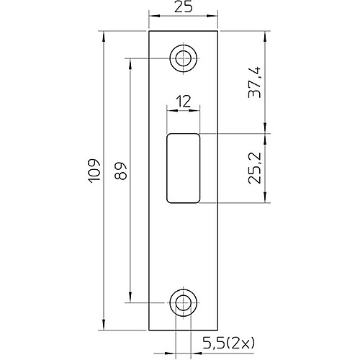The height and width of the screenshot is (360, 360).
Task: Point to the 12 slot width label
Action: [x=183, y=102]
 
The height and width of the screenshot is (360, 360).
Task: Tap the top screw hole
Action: [x=183, y=58]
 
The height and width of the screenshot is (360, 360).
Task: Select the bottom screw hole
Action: [x=183, y=303]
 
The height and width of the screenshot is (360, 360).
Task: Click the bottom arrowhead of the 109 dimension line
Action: [x=104, y=327]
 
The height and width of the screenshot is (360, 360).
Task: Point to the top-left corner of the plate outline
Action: [x=149, y=31]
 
